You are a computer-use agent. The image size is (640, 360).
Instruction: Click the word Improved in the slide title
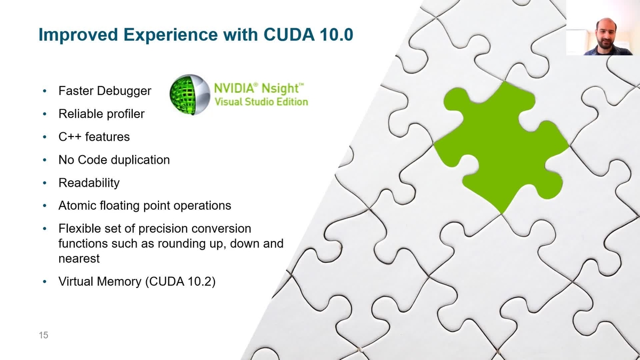coord(78,35)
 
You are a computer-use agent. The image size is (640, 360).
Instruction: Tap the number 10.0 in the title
coord(337,35)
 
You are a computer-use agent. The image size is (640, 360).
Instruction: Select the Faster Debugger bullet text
coord(105,91)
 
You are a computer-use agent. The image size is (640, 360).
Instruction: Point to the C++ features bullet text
coord(94,137)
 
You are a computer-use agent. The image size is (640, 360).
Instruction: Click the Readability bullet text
coord(89,183)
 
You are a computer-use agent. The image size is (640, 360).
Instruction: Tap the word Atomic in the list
coord(77,206)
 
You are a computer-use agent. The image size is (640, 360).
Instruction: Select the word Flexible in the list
coord(79,229)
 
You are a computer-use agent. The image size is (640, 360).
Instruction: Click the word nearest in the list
coord(79,259)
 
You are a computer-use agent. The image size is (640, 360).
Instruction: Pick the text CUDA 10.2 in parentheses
coord(180,282)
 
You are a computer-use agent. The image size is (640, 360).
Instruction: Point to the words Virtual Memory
coord(100,282)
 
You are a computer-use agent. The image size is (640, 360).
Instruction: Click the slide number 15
coord(43,335)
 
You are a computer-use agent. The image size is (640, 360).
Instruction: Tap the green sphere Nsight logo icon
coord(190,95)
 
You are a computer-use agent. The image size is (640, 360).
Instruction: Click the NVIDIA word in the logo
coord(234,88)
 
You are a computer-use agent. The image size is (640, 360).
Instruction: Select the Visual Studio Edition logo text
coord(261,102)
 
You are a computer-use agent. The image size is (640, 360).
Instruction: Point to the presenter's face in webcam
coord(606,34)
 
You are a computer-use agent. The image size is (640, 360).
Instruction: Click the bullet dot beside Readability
coord(45,183)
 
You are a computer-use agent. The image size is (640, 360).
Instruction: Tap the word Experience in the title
coord(170,35)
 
